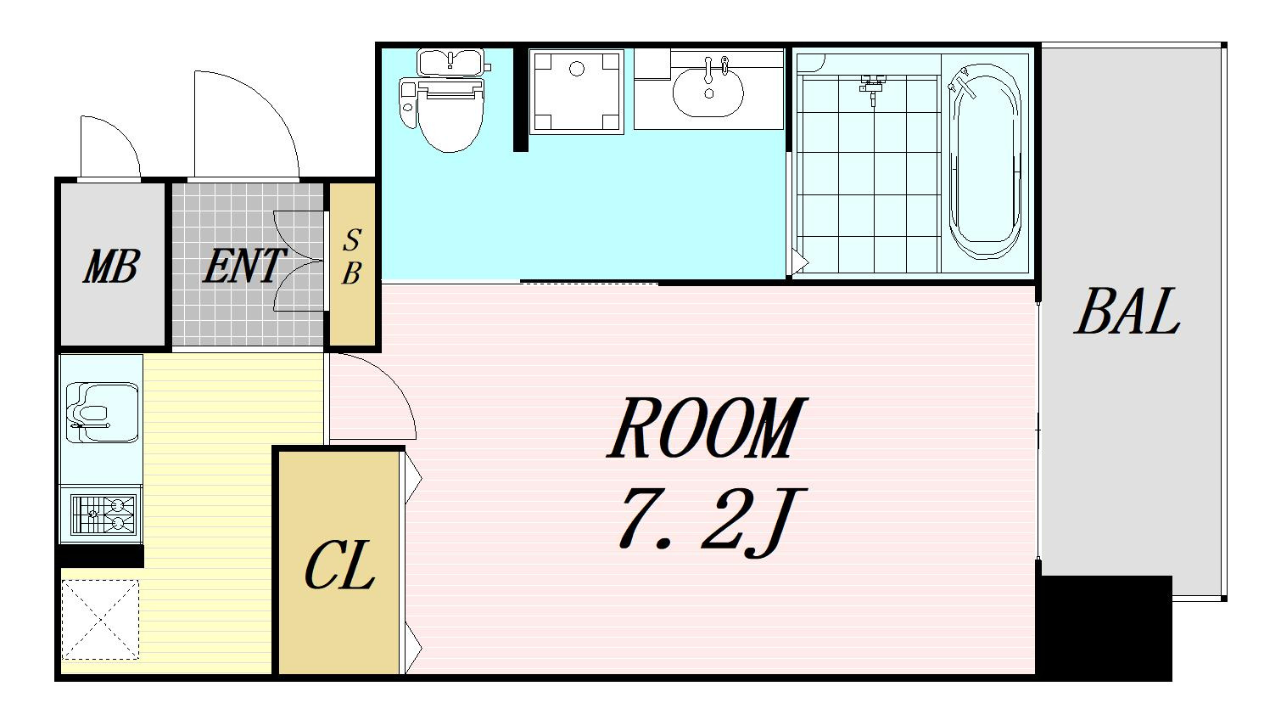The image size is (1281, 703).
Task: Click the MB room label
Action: pyautogui.click(x=111, y=267)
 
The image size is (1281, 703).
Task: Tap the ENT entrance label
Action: pyautogui.click(x=243, y=266)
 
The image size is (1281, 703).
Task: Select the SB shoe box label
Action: pyautogui.click(x=352, y=256)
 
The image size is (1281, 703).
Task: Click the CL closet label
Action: pyautogui.click(x=339, y=565)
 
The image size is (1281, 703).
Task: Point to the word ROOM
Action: pyautogui.click(x=707, y=427)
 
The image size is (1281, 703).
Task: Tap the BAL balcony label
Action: pyautogui.click(x=1127, y=311)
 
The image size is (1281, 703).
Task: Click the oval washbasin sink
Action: pyautogui.click(x=708, y=92)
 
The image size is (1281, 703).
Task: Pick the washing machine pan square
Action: pyautogui.click(x=577, y=92)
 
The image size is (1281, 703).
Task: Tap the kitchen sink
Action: pyautogui.click(x=103, y=413)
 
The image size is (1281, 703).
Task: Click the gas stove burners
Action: pyautogui.click(x=103, y=514)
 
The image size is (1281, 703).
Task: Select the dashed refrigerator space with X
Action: pyautogui.click(x=100, y=620)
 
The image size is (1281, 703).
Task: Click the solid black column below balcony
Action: pyautogui.click(x=1105, y=627)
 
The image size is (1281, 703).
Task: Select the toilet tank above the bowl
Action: pyautogui.click(x=451, y=62)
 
